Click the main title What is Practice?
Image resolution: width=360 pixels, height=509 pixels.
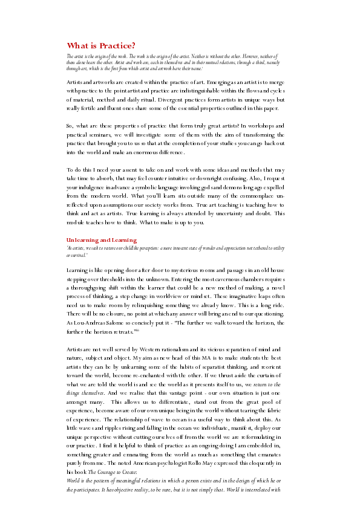[x=100, y=45]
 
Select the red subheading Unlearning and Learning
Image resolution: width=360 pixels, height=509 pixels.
[x=102, y=240]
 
